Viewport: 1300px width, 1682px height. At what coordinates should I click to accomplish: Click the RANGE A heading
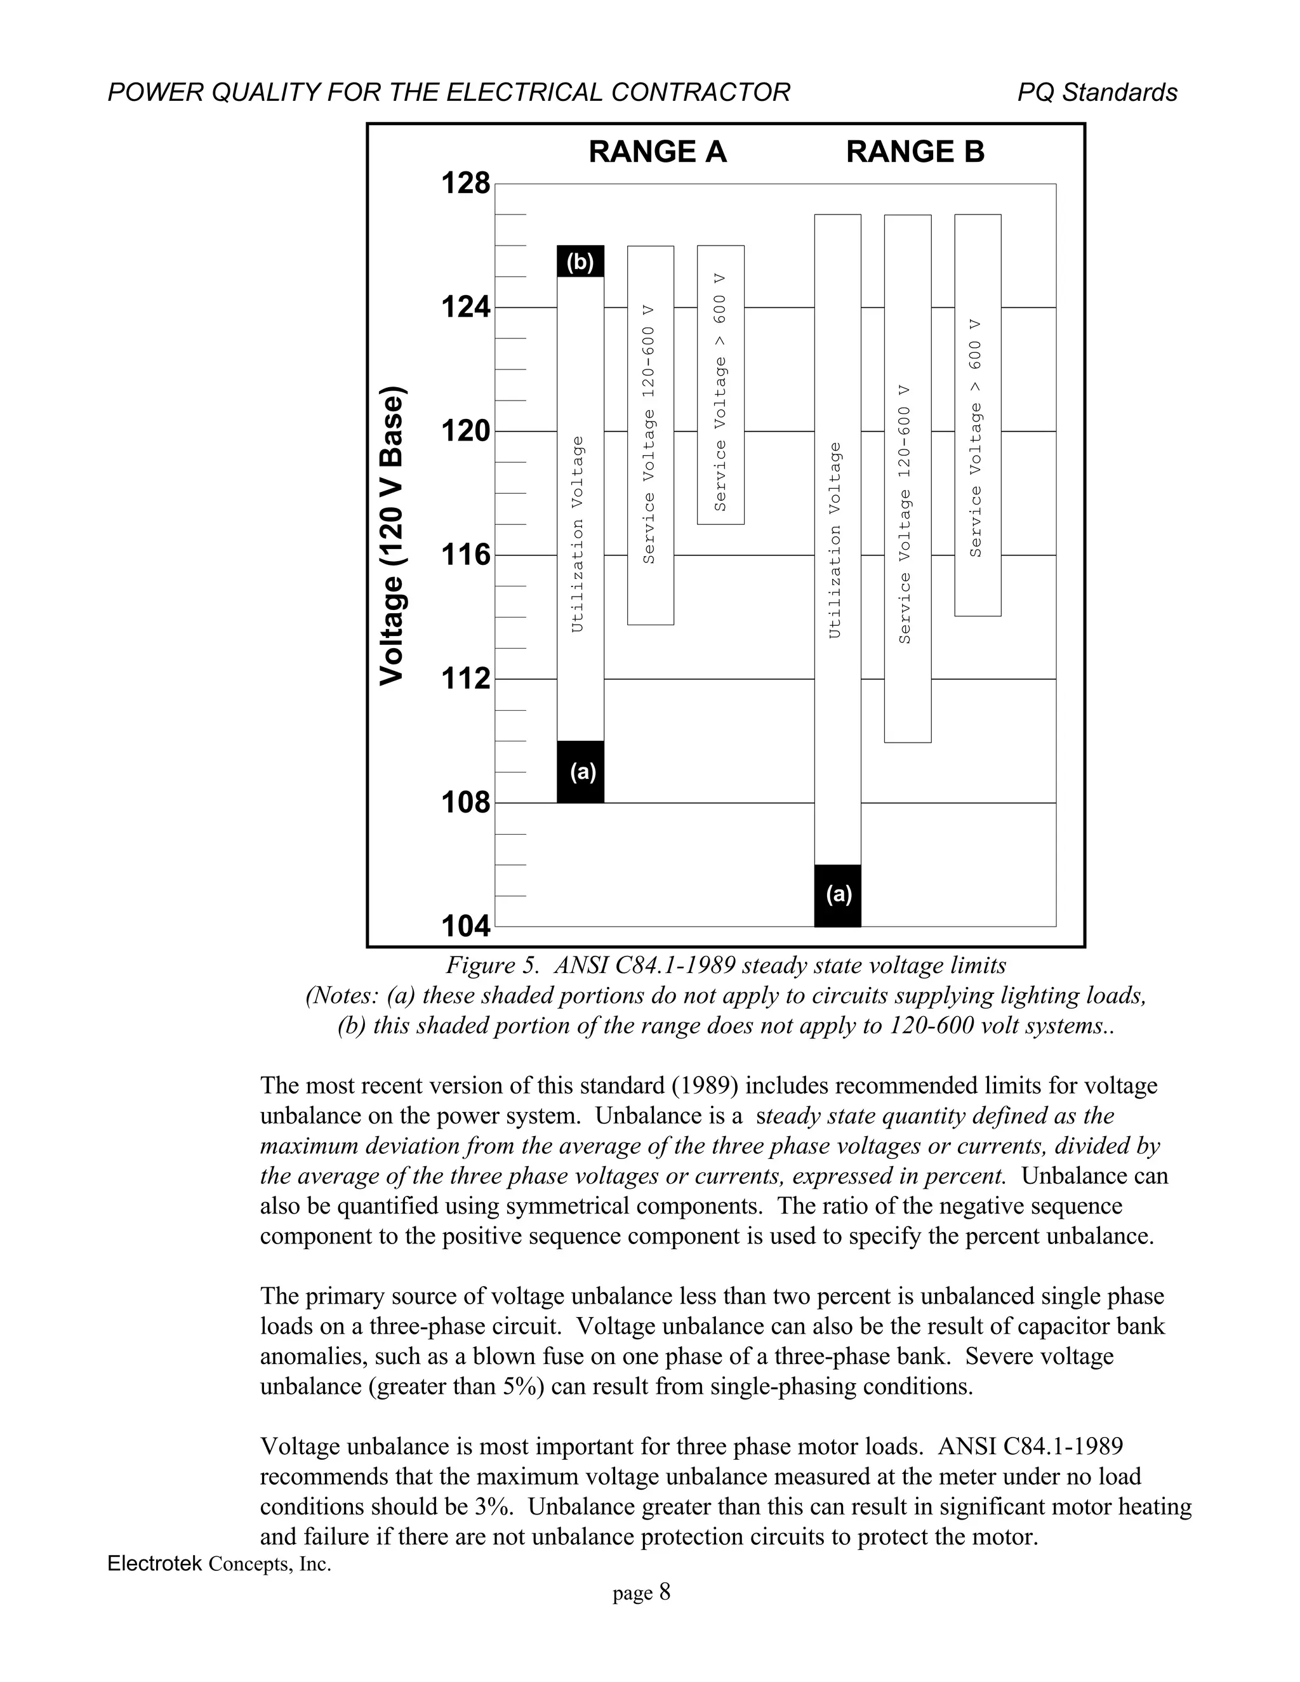coord(657,152)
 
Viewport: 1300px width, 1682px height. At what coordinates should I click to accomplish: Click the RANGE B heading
coord(915,152)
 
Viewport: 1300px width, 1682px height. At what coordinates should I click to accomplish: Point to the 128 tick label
coord(465,184)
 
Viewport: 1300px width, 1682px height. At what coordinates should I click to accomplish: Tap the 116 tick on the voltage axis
coord(465,555)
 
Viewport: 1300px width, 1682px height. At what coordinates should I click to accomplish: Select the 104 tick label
coord(465,927)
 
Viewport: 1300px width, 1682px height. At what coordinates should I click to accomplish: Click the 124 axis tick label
coord(465,308)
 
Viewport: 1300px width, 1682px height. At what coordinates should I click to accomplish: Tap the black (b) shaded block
coord(580,262)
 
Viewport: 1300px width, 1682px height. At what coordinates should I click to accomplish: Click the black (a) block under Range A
coord(580,772)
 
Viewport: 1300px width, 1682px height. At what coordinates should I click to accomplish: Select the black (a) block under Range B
coord(838,895)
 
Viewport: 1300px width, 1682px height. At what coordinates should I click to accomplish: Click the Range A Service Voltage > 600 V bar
coord(721,385)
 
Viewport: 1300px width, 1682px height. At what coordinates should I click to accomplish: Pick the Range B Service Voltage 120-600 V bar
coord(907,477)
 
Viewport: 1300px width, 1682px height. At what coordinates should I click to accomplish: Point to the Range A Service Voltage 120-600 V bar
coord(650,435)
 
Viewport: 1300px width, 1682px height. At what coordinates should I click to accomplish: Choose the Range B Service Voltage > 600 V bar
coord(978,416)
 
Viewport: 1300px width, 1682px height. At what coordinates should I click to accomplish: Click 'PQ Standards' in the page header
coord(1097,93)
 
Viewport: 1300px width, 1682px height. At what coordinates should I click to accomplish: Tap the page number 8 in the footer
coord(665,1592)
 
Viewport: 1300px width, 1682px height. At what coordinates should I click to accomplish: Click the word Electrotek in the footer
coord(155,1563)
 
